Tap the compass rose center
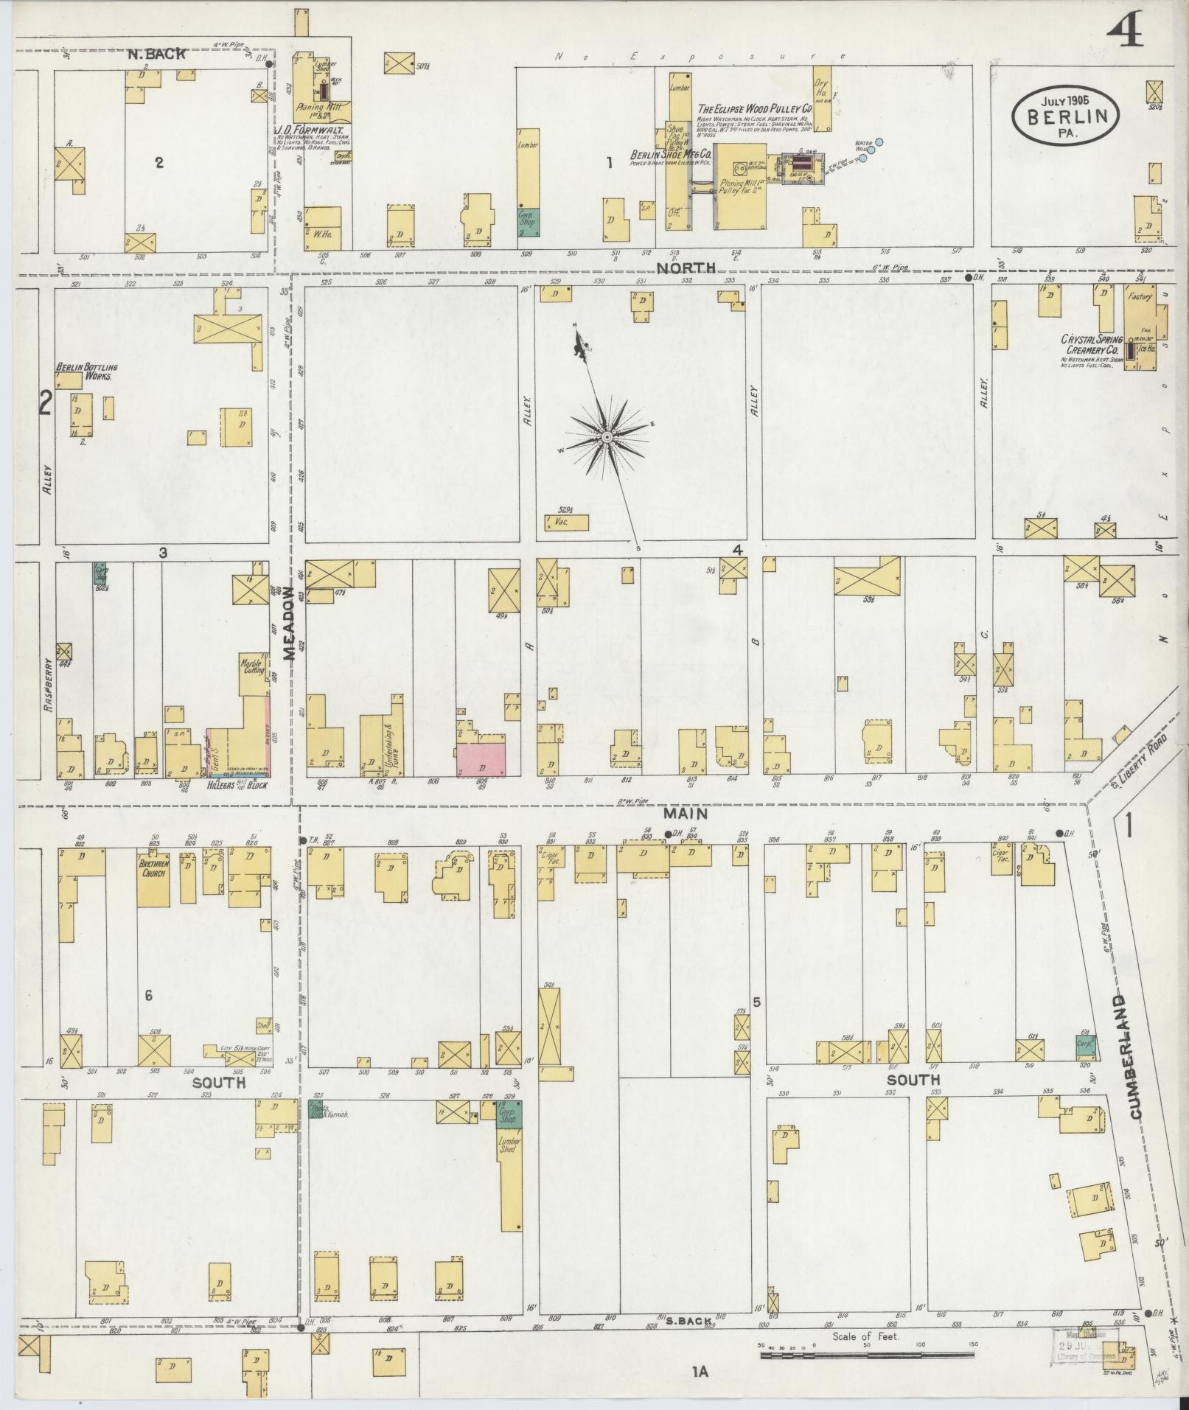click(606, 438)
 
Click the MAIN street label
click(685, 814)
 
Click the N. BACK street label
click(156, 54)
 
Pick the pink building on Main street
click(481, 760)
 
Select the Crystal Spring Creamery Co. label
click(1091, 346)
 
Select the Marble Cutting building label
click(252, 666)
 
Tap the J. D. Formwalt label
click(310, 131)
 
